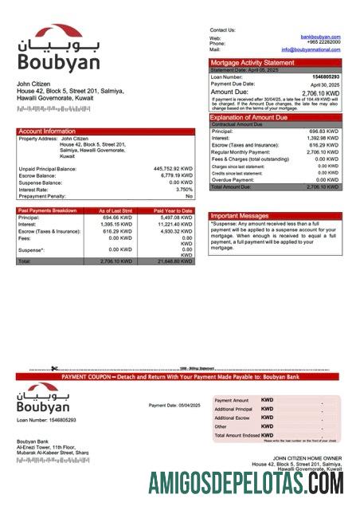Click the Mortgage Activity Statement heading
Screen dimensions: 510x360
pos(252,62)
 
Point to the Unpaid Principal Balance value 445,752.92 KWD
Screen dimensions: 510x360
pos(173,169)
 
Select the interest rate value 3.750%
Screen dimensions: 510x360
pos(184,189)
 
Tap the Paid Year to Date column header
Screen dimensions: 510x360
pos(173,210)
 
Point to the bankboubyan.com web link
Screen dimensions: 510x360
pos(320,37)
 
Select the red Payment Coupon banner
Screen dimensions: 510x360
pos(180,376)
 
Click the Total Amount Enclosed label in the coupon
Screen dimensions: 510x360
pos(237,435)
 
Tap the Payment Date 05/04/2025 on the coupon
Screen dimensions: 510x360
pos(174,406)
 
